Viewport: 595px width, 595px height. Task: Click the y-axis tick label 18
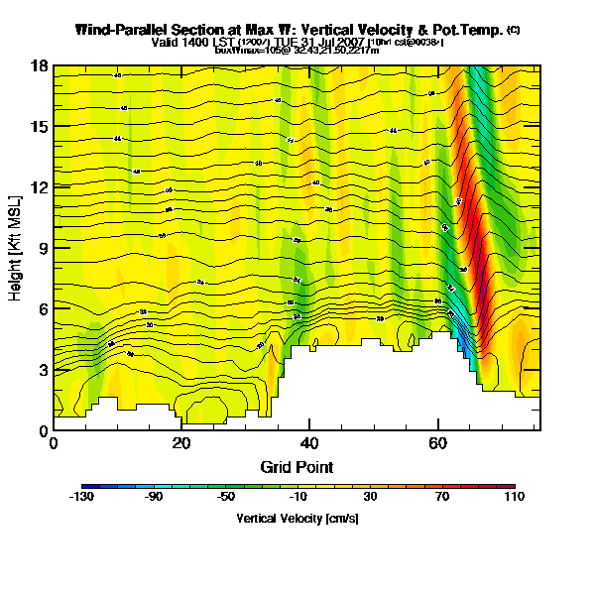coord(39,65)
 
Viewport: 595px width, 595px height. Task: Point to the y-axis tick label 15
coord(39,126)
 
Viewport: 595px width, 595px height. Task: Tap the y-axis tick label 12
coord(39,187)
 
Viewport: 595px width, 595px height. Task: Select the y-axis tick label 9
coord(42,248)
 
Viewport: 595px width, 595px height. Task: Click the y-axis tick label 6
coord(42,308)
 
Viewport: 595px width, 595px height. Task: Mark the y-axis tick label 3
coord(42,370)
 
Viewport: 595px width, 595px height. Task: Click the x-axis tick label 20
coord(181,444)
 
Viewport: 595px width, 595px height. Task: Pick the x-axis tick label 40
coord(309,444)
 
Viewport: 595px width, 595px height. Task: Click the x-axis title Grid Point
coord(297,466)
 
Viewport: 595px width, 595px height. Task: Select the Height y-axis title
coord(16,248)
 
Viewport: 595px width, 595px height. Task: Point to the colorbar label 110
coord(513,496)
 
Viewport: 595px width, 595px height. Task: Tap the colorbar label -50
coord(227,496)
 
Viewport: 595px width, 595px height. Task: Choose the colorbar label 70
coord(442,496)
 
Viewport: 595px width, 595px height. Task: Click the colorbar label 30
coord(371,496)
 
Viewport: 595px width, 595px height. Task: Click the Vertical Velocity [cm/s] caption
coord(297,518)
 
